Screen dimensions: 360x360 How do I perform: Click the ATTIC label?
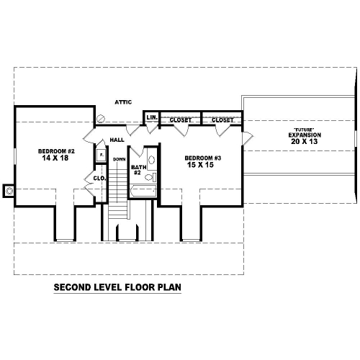pyautogui.click(x=123, y=102)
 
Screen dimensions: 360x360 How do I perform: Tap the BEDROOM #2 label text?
pyautogui.click(x=56, y=151)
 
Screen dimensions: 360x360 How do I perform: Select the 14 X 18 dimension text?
pyautogui.click(x=55, y=158)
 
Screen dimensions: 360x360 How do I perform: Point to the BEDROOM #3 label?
pyautogui.click(x=203, y=158)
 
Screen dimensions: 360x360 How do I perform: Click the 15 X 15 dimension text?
pyautogui.click(x=200, y=165)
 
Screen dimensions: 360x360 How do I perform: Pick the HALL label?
pyautogui.click(x=117, y=140)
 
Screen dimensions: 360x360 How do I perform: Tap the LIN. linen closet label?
pyautogui.click(x=152, y=117)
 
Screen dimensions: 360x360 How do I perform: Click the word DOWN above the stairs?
pyautogui.click(x=120, y=159)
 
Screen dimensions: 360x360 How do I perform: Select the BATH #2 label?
pyautogui.click(x=138, y=170)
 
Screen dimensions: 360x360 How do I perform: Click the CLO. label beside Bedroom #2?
pyautogui.click(x=99, y=179)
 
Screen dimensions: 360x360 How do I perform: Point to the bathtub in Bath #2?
pyautogui.click(x=143, y=192)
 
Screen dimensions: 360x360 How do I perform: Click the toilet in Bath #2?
pyautogui.click(x=150, y=177)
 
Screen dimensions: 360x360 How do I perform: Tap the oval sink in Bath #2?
pyautogui.click(x=152, y=160)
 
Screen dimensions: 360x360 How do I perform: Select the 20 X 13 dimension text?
pyautogui.click(x=305, y=142)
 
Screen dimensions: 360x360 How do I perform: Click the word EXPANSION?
pyautogui.click(x=305, y=135)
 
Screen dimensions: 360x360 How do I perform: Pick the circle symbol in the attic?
pyautogui.click(x=101, y=118)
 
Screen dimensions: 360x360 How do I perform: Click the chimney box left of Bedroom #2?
pyautogui.click(x=9, y=191)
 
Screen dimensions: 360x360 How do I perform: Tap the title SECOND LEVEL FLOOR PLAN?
pyautogui.click(x=117, y=287)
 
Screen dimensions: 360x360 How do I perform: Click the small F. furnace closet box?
pyautogui.click(x=102, y=156)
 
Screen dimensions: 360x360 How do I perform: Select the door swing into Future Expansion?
pyautogui.click(x=248, y=138)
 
